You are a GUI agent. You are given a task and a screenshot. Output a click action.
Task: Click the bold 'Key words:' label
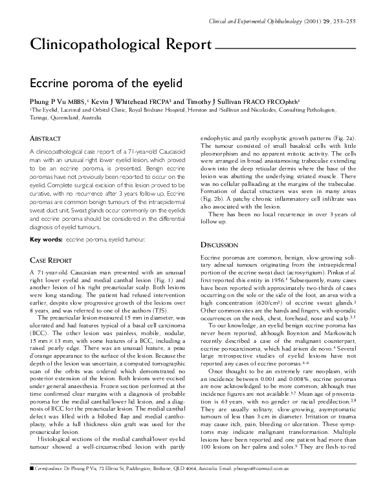tap(45, 239)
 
